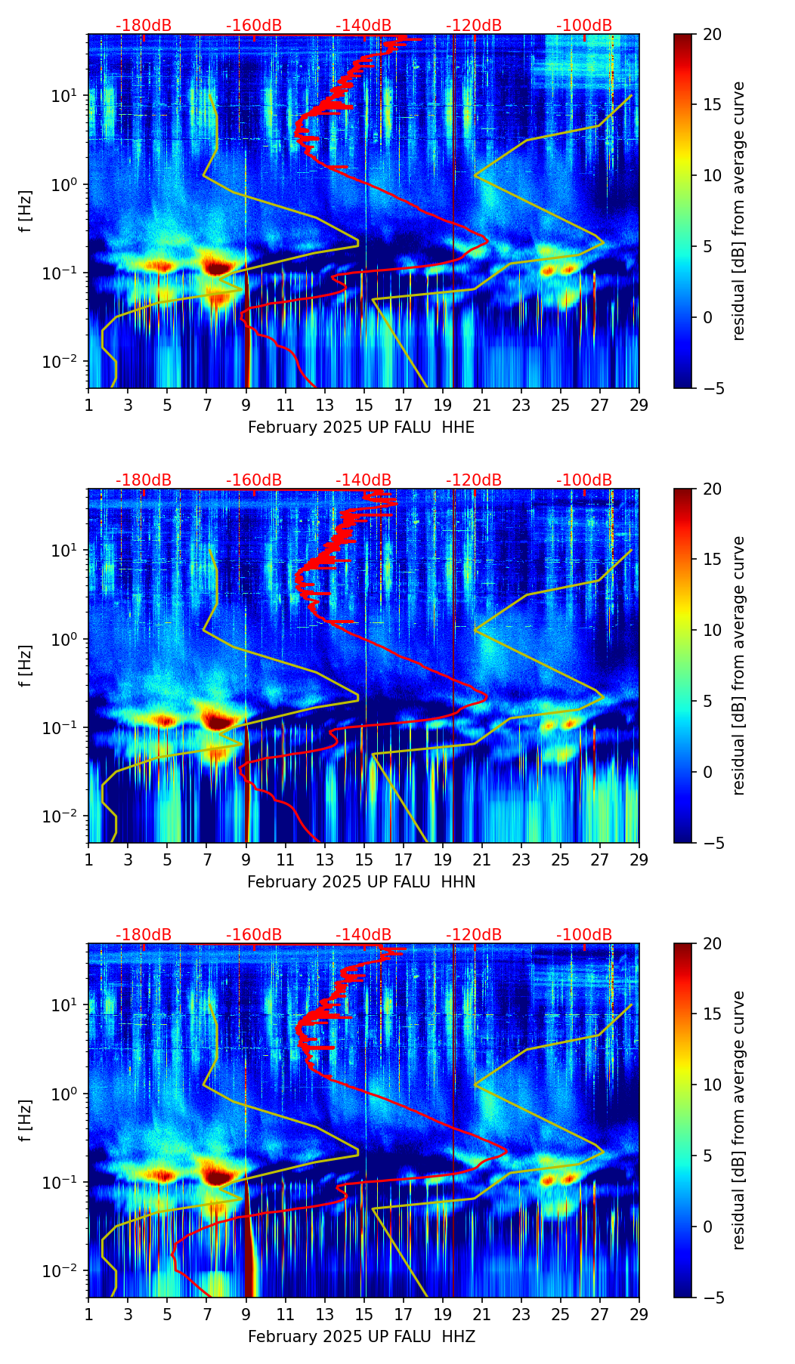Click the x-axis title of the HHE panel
pyautogui.click(x=361, y=427)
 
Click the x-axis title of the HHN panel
pyautogui.click(x=361, y=882)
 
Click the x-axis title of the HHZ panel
pyautogui.click(x=361, y=1337)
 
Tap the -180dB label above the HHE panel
pyautogui.click(x=144, y=26)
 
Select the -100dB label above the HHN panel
pyautogui.click(x=584, y=480)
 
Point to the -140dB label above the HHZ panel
pyautogui.click(x=363, y=935)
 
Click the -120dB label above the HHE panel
pyautogui.click(x=474, y=26)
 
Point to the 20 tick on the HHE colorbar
pyautogui.click(x=712, y=34)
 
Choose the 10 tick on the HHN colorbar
pyautogui.click(x=712, y=630)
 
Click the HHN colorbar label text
pyautogui.click(x=739, y=665)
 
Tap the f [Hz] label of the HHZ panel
pyautogui.click(x=26, y=1120)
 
